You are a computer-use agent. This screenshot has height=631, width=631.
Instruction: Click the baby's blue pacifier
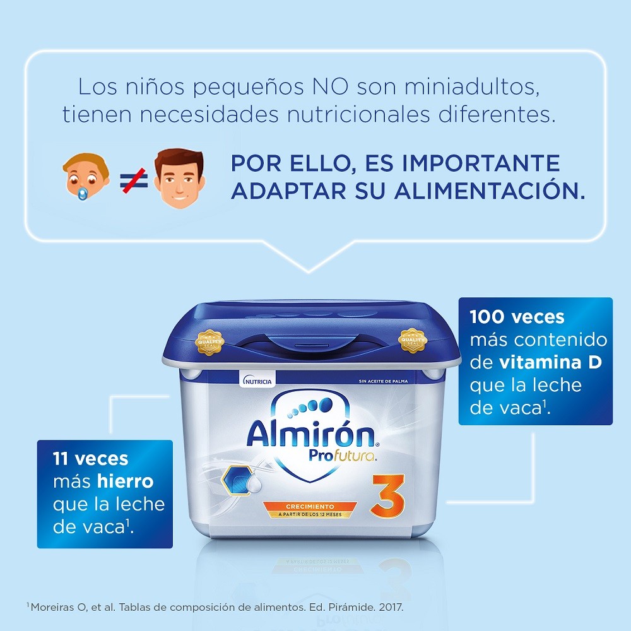tap(83, 194)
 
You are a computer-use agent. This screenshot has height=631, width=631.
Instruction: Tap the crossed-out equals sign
tap(134, 180)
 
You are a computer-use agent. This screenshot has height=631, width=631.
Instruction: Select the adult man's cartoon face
tap(179, 178)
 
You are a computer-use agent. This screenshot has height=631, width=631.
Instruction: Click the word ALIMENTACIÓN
tap(490, 191)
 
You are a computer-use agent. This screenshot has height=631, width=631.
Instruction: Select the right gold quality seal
tap(413, 341)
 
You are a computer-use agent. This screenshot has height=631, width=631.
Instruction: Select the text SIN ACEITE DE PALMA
tap(383, 381)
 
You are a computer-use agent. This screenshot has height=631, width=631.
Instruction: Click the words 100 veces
tap(517, 317)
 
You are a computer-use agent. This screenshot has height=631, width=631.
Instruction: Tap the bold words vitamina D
tap(550, 363)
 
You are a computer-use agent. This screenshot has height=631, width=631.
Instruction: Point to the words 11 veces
tap(90, 459)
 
